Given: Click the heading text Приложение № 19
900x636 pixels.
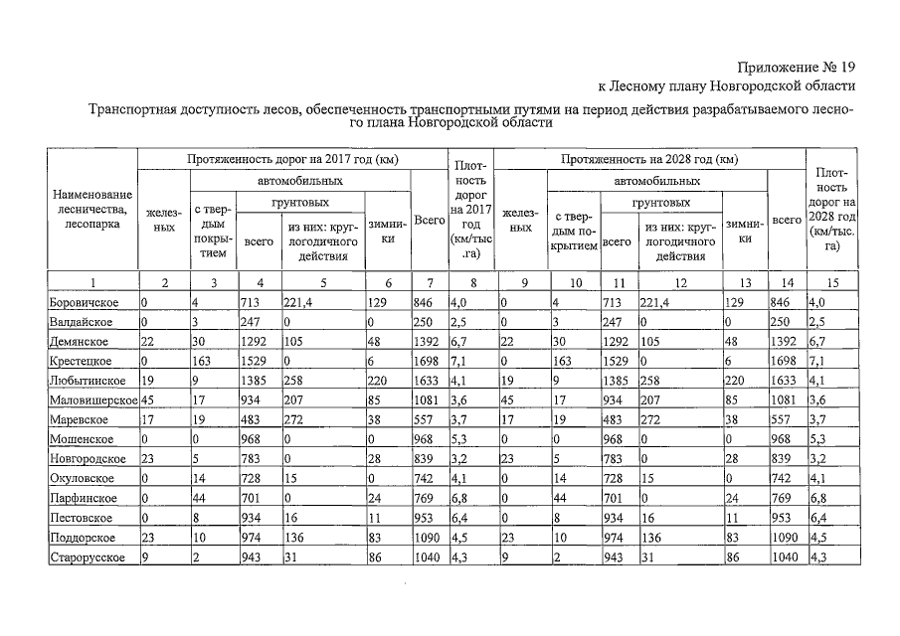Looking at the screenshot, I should tap(796, 67).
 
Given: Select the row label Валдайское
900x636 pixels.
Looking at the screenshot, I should tap(81, 322).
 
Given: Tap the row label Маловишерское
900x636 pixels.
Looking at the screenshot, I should tap(92, 399).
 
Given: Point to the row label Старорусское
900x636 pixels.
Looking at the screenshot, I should tap(87, 556).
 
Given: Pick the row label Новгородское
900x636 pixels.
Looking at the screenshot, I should tap(87, 458).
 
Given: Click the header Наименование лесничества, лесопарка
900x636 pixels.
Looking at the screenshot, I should tap(90, 210).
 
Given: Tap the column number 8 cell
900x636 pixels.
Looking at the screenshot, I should tap(468, 282).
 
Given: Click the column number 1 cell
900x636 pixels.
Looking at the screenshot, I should tap(90, 282).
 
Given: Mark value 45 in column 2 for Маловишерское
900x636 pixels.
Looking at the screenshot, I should tap(148, 399).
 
